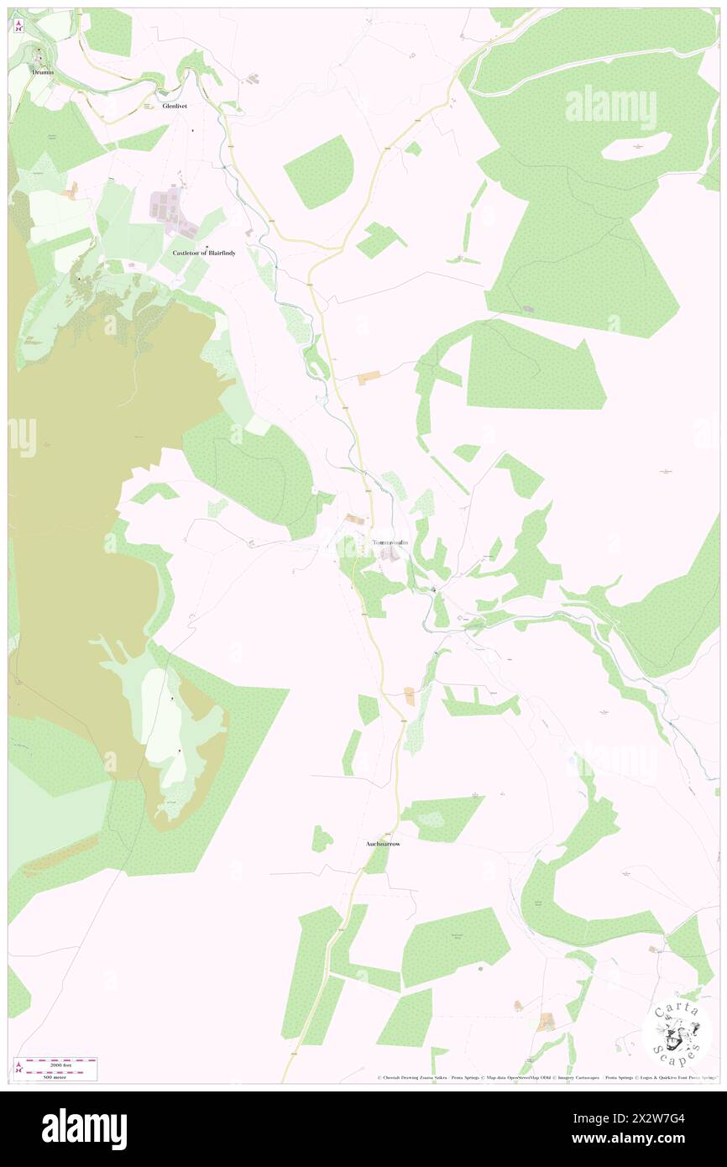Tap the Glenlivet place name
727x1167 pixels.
click(x=179, y=107)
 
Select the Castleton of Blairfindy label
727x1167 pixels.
click(x=204, y=253)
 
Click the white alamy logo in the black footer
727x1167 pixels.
click(x=84, y=1129)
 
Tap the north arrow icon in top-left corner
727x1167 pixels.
click(x=19, y=26)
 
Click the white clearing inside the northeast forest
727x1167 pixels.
click(x=637, y=148)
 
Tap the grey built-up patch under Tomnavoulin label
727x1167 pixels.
click(x=388, y=555)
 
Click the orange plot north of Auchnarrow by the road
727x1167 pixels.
click(x=409, y=695)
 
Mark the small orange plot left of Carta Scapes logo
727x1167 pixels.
click(x=547, y=1022)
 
